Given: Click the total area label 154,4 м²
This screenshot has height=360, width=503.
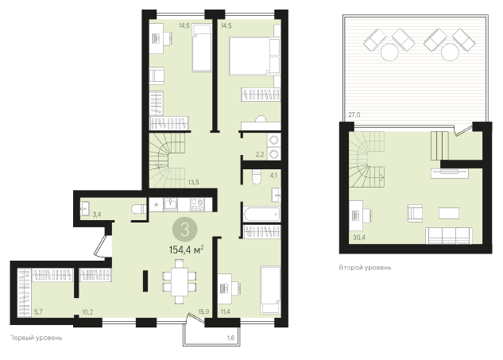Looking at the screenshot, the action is (x=187, y=250).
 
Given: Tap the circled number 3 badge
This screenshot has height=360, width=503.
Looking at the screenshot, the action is (x=185, y=230).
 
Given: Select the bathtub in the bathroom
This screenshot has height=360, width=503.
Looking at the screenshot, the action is (x=261, y=214).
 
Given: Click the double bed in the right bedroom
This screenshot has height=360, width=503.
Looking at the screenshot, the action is (x=254, y=56).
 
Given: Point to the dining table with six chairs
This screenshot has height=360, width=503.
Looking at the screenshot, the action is (x=180, y=281).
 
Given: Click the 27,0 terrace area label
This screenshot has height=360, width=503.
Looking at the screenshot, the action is (x=354, y=114).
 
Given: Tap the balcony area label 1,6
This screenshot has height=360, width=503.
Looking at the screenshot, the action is (x=230, y=338).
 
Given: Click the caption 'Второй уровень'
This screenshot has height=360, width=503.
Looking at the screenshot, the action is (x=365, y=267).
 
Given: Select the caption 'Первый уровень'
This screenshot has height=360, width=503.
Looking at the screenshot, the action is (x=36, y=338).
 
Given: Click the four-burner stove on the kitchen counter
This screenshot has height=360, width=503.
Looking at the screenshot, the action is (x=197, y=204).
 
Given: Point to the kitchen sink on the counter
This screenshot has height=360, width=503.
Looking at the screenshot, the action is (x=170, y=204).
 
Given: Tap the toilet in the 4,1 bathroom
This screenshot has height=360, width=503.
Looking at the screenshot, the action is (x=257, y=176).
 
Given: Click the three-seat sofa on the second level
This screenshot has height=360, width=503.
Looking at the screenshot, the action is (x=449, y=235).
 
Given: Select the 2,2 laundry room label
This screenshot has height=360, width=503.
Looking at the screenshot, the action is (x=260, y=154).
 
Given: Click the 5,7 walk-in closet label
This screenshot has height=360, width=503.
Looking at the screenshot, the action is (x=38, y=312).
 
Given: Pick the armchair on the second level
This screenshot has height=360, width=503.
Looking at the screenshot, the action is (x=415, y=213).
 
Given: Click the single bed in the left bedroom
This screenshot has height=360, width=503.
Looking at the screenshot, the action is (x=202, y=48).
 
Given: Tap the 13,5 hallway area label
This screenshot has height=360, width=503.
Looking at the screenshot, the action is (x=193, y=182).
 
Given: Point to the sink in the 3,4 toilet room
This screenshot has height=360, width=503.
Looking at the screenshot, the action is (x=85, y=207).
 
